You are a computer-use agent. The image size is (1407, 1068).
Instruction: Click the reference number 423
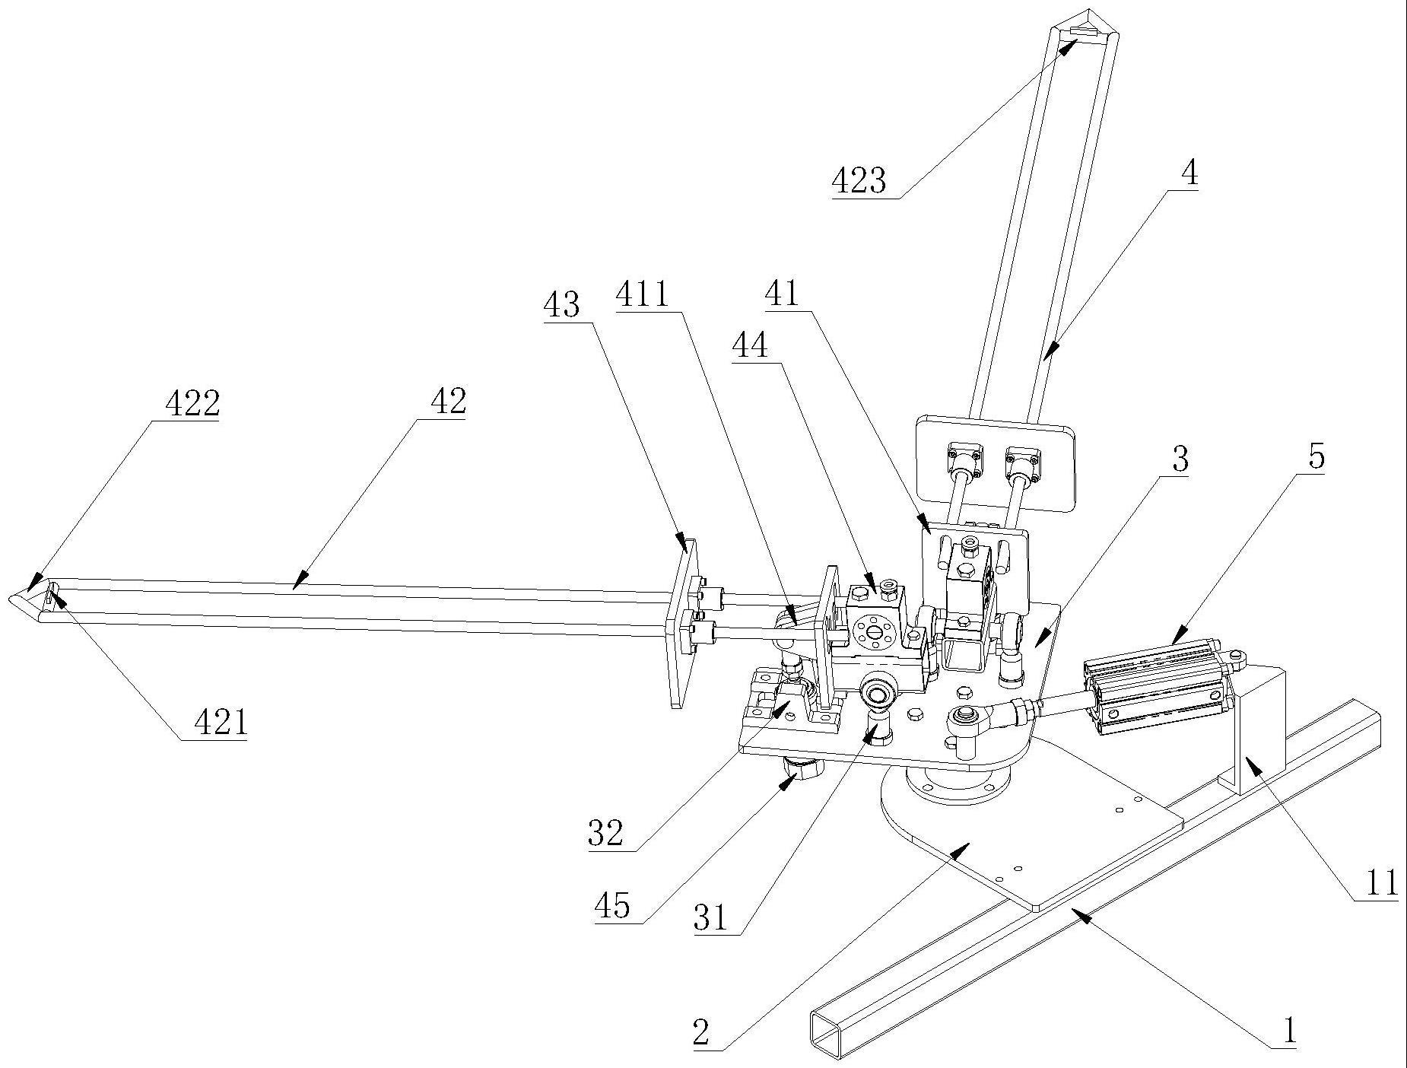tap(859, 182)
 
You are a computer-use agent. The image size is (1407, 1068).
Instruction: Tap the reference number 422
tap(192, 403)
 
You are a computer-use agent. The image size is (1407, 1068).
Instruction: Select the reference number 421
tap(221, 723)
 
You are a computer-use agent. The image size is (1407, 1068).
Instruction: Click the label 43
tap(561, 306)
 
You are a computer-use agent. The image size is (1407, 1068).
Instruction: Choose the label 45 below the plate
tap(612, 906)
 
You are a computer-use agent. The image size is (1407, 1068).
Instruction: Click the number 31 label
tap(710, 918)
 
